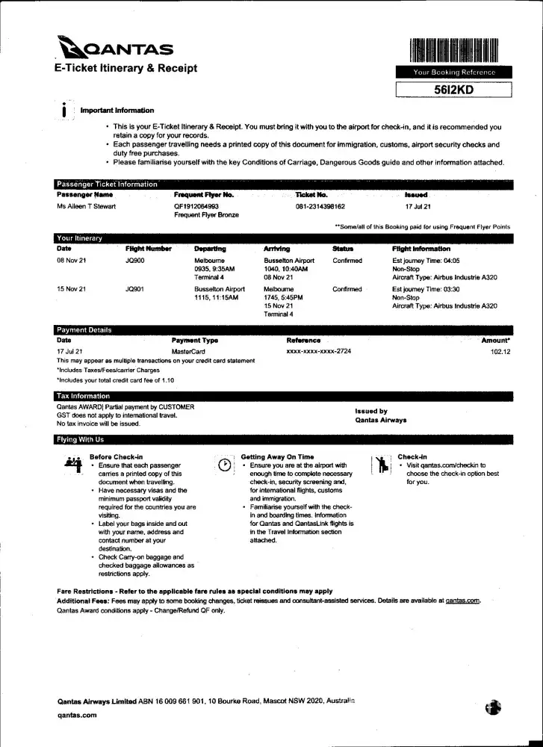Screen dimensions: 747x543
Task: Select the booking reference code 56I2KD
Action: [454, 90]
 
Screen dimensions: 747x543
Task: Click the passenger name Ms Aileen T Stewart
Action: [86, 206]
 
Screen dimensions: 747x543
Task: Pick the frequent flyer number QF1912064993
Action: [196, 206]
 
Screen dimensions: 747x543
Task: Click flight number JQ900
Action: [135, 261]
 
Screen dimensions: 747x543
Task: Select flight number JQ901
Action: [135, 289]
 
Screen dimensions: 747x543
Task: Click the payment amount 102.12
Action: [500, 351]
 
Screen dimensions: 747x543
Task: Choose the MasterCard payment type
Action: [188, 351]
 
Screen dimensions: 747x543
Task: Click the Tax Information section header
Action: [83, 396]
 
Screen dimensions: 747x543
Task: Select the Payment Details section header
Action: [84, 329]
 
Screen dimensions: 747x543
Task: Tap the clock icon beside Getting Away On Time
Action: [223, 464]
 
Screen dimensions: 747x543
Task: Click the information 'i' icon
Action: [65, 110]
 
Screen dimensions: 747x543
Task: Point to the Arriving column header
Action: [277, 249]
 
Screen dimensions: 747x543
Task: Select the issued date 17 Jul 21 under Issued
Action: [418, 206]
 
